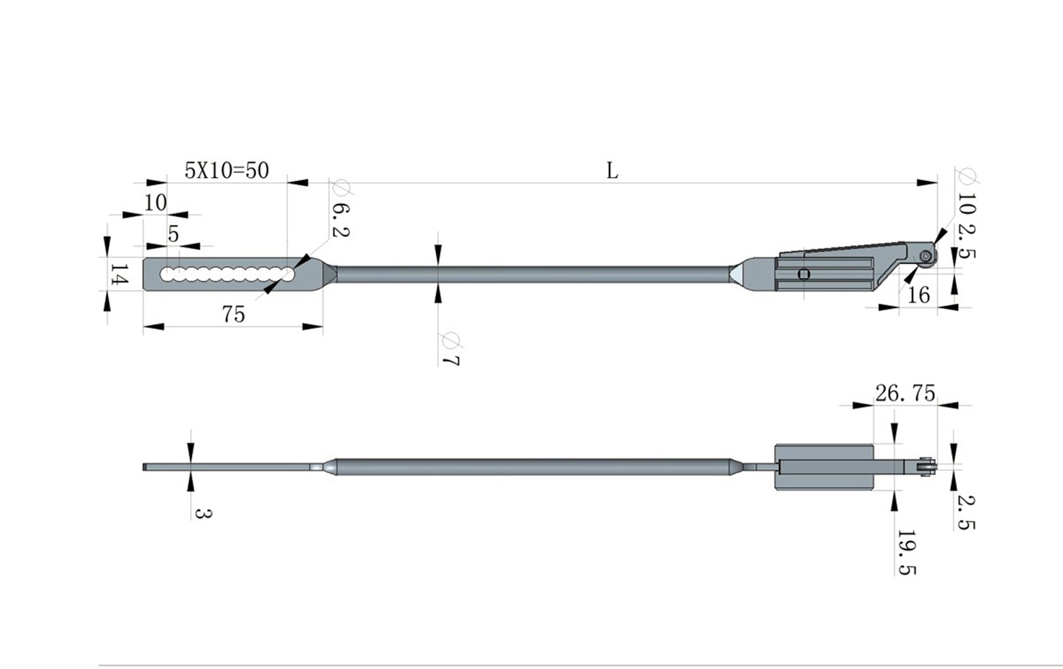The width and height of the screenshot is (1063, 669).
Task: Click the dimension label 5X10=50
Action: coord(226,171)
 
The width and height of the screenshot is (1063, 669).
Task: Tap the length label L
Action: coord(612,171)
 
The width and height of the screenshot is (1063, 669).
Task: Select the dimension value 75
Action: coord(233,314)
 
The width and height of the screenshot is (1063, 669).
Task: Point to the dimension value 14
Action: coord(119,274)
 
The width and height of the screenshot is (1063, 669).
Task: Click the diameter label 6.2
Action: coord(340,220)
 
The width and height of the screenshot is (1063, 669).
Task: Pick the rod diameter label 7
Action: coord(450,360)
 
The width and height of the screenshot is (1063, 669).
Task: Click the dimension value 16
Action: coord(918,295)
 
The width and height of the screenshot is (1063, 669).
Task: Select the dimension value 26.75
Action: coord(905,393)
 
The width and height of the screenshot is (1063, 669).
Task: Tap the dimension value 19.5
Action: coord(906,553)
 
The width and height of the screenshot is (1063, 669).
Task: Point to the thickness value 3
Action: coord(203,513)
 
